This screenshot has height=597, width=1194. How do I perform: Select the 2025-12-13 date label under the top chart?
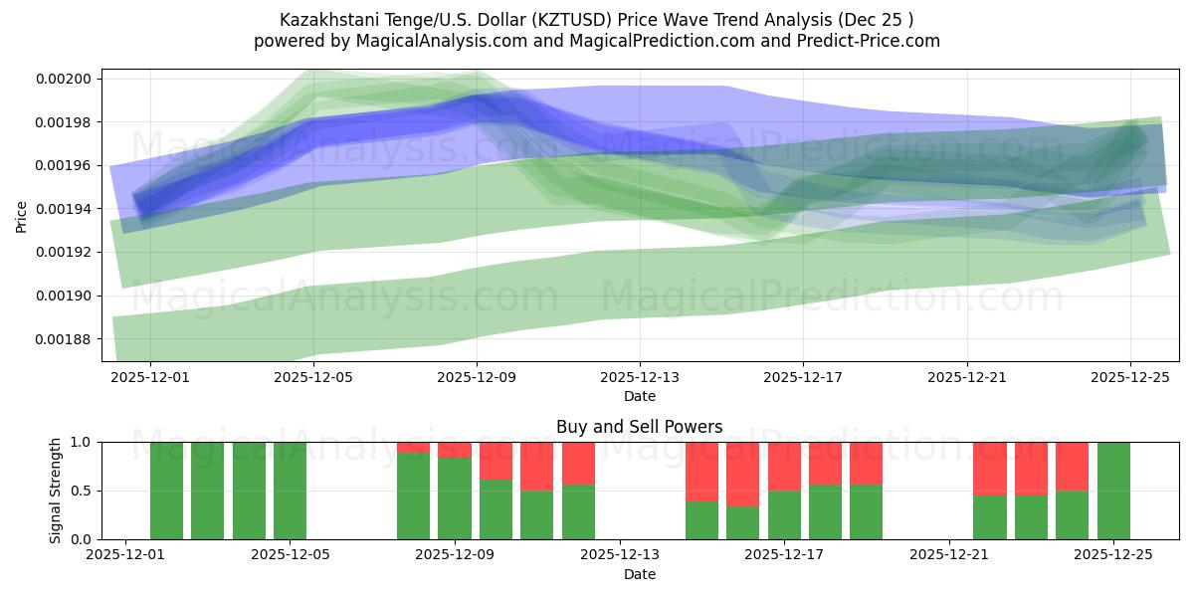pos(640,378)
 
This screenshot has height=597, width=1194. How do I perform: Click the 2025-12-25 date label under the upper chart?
pos(1130,378)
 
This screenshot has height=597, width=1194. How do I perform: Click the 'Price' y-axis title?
pos(22,216)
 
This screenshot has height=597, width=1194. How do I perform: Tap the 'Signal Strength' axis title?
pos(57,491)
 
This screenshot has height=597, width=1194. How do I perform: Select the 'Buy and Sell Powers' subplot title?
pos(639,427)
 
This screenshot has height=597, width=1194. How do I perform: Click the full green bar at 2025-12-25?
pos(1113,491)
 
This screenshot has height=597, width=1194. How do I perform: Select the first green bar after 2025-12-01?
pos(166,491)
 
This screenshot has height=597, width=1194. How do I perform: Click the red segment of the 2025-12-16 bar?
pos(742,474)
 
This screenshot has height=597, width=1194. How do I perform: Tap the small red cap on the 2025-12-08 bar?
pos(413,448)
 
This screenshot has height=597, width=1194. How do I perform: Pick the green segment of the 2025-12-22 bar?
pos(989,516)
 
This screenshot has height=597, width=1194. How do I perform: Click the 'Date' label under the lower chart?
pos(639,574)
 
